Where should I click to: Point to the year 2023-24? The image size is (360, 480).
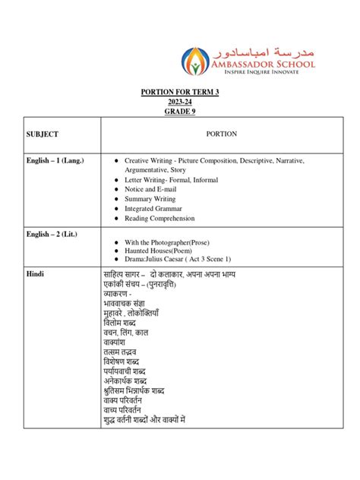pos(179,100)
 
